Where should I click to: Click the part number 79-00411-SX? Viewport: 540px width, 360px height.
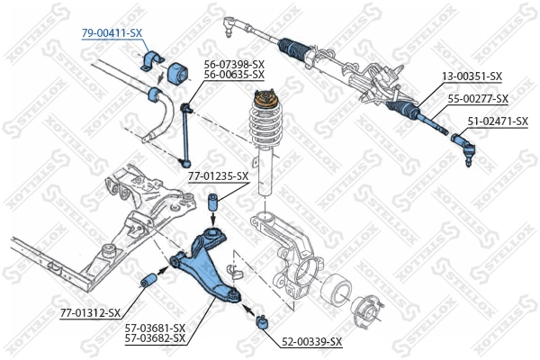(x=112, y=32)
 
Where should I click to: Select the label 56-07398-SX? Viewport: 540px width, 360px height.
(x=233, y=64)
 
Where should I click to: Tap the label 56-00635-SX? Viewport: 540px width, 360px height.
(x=233, y=75)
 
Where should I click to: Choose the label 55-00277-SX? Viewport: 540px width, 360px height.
(x=478, y=98)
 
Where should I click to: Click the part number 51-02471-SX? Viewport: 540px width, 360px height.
(x=497, y=120)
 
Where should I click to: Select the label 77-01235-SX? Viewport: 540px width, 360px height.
(x=218, y=176)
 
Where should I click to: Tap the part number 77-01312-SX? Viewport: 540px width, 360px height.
(x=90, y=312)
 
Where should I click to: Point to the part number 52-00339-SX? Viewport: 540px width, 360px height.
(x=311, y=341)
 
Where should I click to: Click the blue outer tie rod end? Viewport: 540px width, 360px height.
(x=463, y=143)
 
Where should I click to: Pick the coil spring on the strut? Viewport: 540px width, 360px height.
(x=267, y=130)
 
